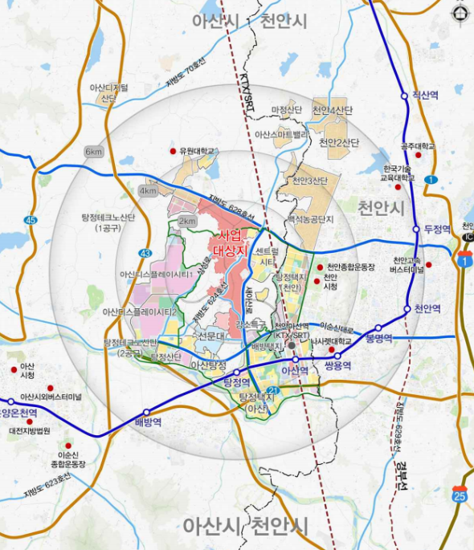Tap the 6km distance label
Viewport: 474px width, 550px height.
click(95, 152)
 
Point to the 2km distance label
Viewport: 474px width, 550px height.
click(187, 221)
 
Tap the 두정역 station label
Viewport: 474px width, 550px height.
click(439, 228)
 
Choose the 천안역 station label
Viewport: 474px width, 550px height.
click(426, 308)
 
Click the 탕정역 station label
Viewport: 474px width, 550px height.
click(239, 382)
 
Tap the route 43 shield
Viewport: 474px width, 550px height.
click(145, 254)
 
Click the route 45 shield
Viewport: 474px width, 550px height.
click(31, 219)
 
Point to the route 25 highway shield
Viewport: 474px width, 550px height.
click(460, 495)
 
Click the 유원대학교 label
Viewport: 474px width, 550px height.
click(198, 150)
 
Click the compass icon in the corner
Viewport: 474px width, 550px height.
click(460, 13)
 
